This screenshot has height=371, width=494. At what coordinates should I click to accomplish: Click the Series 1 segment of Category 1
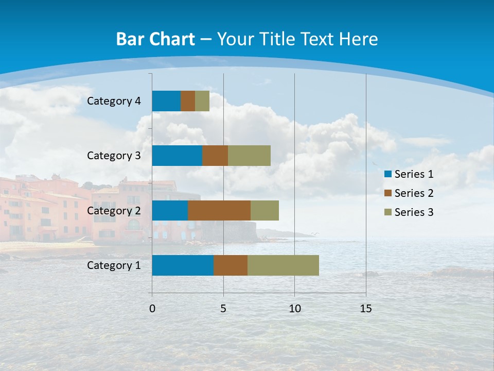pyautogui.click(x=183, y=265)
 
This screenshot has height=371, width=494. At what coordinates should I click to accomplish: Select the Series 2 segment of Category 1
pyautogui.click(x=231, y=265)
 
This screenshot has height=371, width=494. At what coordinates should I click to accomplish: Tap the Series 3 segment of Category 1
pyautogui.click(x=283, y=265)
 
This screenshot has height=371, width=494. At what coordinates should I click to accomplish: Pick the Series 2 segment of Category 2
pyautogui.click(x=219, y=210)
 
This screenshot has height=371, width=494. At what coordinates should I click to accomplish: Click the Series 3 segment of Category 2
pyautogui.click(x=264, y=210)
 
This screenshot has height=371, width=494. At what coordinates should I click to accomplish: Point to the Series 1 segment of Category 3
pyautogui.click(x=177, y=156)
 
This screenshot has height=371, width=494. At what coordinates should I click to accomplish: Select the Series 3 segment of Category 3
pyautogui.click(x=249, y=156)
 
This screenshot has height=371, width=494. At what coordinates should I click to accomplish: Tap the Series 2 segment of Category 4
pyautogui.click(x=188, y=101)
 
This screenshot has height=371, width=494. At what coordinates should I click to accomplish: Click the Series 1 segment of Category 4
pyautogui.click(x=166, y=101)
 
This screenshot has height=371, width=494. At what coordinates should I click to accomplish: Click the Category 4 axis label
pyautogui.click(x=114, y=101)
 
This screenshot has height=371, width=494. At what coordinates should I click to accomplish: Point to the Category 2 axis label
pyautogui.click(x=114, y=210)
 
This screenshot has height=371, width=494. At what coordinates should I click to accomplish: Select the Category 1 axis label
pyautogui.click(x=114, y=265)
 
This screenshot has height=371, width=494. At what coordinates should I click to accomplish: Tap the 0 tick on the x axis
pyautogui.click(x=152, y=309)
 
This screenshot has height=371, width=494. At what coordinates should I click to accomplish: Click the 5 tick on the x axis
pyautogui.click(x=223, y=309)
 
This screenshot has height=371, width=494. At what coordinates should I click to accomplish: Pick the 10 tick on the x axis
pyautogui.click(x=294, y=309)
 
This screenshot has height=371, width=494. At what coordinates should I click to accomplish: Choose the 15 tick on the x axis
pyautogui.click(x=366, y=309)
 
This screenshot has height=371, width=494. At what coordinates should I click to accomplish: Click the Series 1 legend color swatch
pyautogui.click(x=387, y=174)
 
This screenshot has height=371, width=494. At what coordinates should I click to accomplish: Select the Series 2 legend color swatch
pyautogui.click(x=387, y=193)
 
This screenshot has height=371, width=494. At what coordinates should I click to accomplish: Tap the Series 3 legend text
pyautogui.click(x=414, y=212)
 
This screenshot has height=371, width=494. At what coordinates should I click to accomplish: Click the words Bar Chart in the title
pyautogui.click(x=155, y=39)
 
